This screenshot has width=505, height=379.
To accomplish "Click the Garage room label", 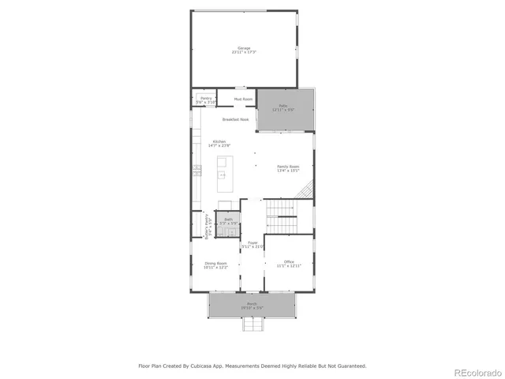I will point(244,47).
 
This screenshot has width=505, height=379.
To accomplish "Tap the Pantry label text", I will point(205,98).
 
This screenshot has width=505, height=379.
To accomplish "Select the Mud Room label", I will point(243,99).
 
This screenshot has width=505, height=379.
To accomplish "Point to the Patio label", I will point(282,106).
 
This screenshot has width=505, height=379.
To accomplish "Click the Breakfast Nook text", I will point(235,119).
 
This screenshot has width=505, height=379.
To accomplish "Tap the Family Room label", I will point(288,167).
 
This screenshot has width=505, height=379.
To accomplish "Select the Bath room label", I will point(228,220).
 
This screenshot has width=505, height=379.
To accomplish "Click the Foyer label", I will point(252,242).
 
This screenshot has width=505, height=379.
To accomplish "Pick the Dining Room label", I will point(216,263).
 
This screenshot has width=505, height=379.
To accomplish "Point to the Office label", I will point(289,262).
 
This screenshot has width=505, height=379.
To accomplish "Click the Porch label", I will point(252,303).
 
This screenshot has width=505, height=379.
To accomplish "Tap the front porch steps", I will point(252,324).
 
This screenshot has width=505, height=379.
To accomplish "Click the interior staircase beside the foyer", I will point(281,215).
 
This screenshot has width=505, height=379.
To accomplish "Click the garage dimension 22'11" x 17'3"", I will point(244,52).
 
